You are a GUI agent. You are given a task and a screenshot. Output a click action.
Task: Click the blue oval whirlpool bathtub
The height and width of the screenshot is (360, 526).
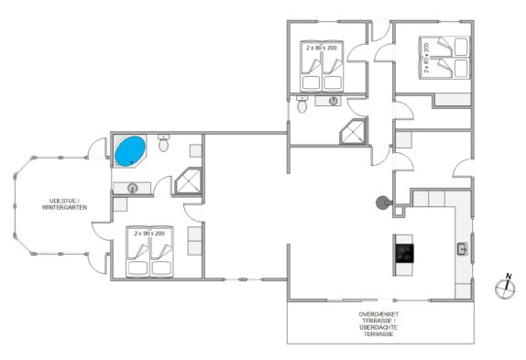(x=130, y=151)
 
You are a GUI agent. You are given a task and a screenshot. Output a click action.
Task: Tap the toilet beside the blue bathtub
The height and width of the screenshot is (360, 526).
(x=163, y=143)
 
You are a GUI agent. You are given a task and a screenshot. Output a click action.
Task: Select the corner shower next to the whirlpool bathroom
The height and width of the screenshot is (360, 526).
(x=188, y=180)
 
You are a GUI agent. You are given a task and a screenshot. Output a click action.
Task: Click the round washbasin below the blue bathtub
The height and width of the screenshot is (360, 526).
(x=133, y=189)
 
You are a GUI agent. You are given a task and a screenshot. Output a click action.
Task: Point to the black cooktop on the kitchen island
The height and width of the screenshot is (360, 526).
(x=404, y=253)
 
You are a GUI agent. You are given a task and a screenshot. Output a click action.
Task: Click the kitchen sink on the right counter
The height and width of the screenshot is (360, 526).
(x=463, y=249)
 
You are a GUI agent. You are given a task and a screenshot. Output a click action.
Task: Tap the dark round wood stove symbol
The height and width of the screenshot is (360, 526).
(x=383, y=202)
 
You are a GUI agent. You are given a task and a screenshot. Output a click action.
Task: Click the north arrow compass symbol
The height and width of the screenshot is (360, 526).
(x=505, y=287)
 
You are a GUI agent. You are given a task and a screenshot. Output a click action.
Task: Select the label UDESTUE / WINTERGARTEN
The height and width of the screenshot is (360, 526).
(x=64, y=204)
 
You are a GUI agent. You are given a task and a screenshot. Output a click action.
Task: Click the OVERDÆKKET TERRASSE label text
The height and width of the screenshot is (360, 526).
(x=378, y=318)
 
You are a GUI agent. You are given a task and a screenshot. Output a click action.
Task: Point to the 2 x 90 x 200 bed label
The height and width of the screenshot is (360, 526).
(x=149, y=234)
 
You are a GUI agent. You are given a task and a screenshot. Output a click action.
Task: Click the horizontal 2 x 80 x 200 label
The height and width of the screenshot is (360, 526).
(x=321, y=48)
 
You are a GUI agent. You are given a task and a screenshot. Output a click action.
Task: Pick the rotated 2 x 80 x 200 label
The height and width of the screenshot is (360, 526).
(x=426, y=58)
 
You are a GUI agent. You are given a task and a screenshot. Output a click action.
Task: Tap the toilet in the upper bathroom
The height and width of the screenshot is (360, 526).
(x=301, y=104)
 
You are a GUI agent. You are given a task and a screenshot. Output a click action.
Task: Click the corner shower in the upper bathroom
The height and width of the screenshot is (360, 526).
(x=353, y=131)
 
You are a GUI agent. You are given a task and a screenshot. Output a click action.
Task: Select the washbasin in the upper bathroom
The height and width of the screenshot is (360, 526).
(x=334, y=101)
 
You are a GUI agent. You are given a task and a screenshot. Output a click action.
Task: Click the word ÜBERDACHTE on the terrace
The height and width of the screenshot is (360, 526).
(x=378, y=328)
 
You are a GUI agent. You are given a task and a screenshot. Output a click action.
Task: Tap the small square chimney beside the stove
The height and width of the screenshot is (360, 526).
(x=399, y=212)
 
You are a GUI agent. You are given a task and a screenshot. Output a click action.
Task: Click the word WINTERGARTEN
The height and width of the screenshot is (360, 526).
(x=64, y=208)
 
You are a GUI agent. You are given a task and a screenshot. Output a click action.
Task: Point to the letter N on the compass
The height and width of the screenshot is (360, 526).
(x=509, y=277)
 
